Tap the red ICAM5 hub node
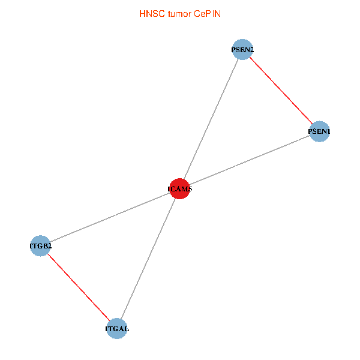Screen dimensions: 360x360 click(x=179, y=189)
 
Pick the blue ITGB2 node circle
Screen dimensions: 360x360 click(x=40, y=245)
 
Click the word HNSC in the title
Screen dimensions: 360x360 click(x=150, y=13)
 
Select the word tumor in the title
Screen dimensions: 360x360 click(x=178, y=13)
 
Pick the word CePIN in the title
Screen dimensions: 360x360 click(x=207, y=13)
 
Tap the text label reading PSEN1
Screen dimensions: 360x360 click(x=319, y=131)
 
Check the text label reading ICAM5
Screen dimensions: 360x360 click(x=179, y=190)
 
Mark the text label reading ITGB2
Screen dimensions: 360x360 click(x=41, y=245)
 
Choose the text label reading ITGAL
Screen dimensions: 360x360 click(x=117, y=329)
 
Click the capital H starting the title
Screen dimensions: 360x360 click(x=142, y=13)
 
